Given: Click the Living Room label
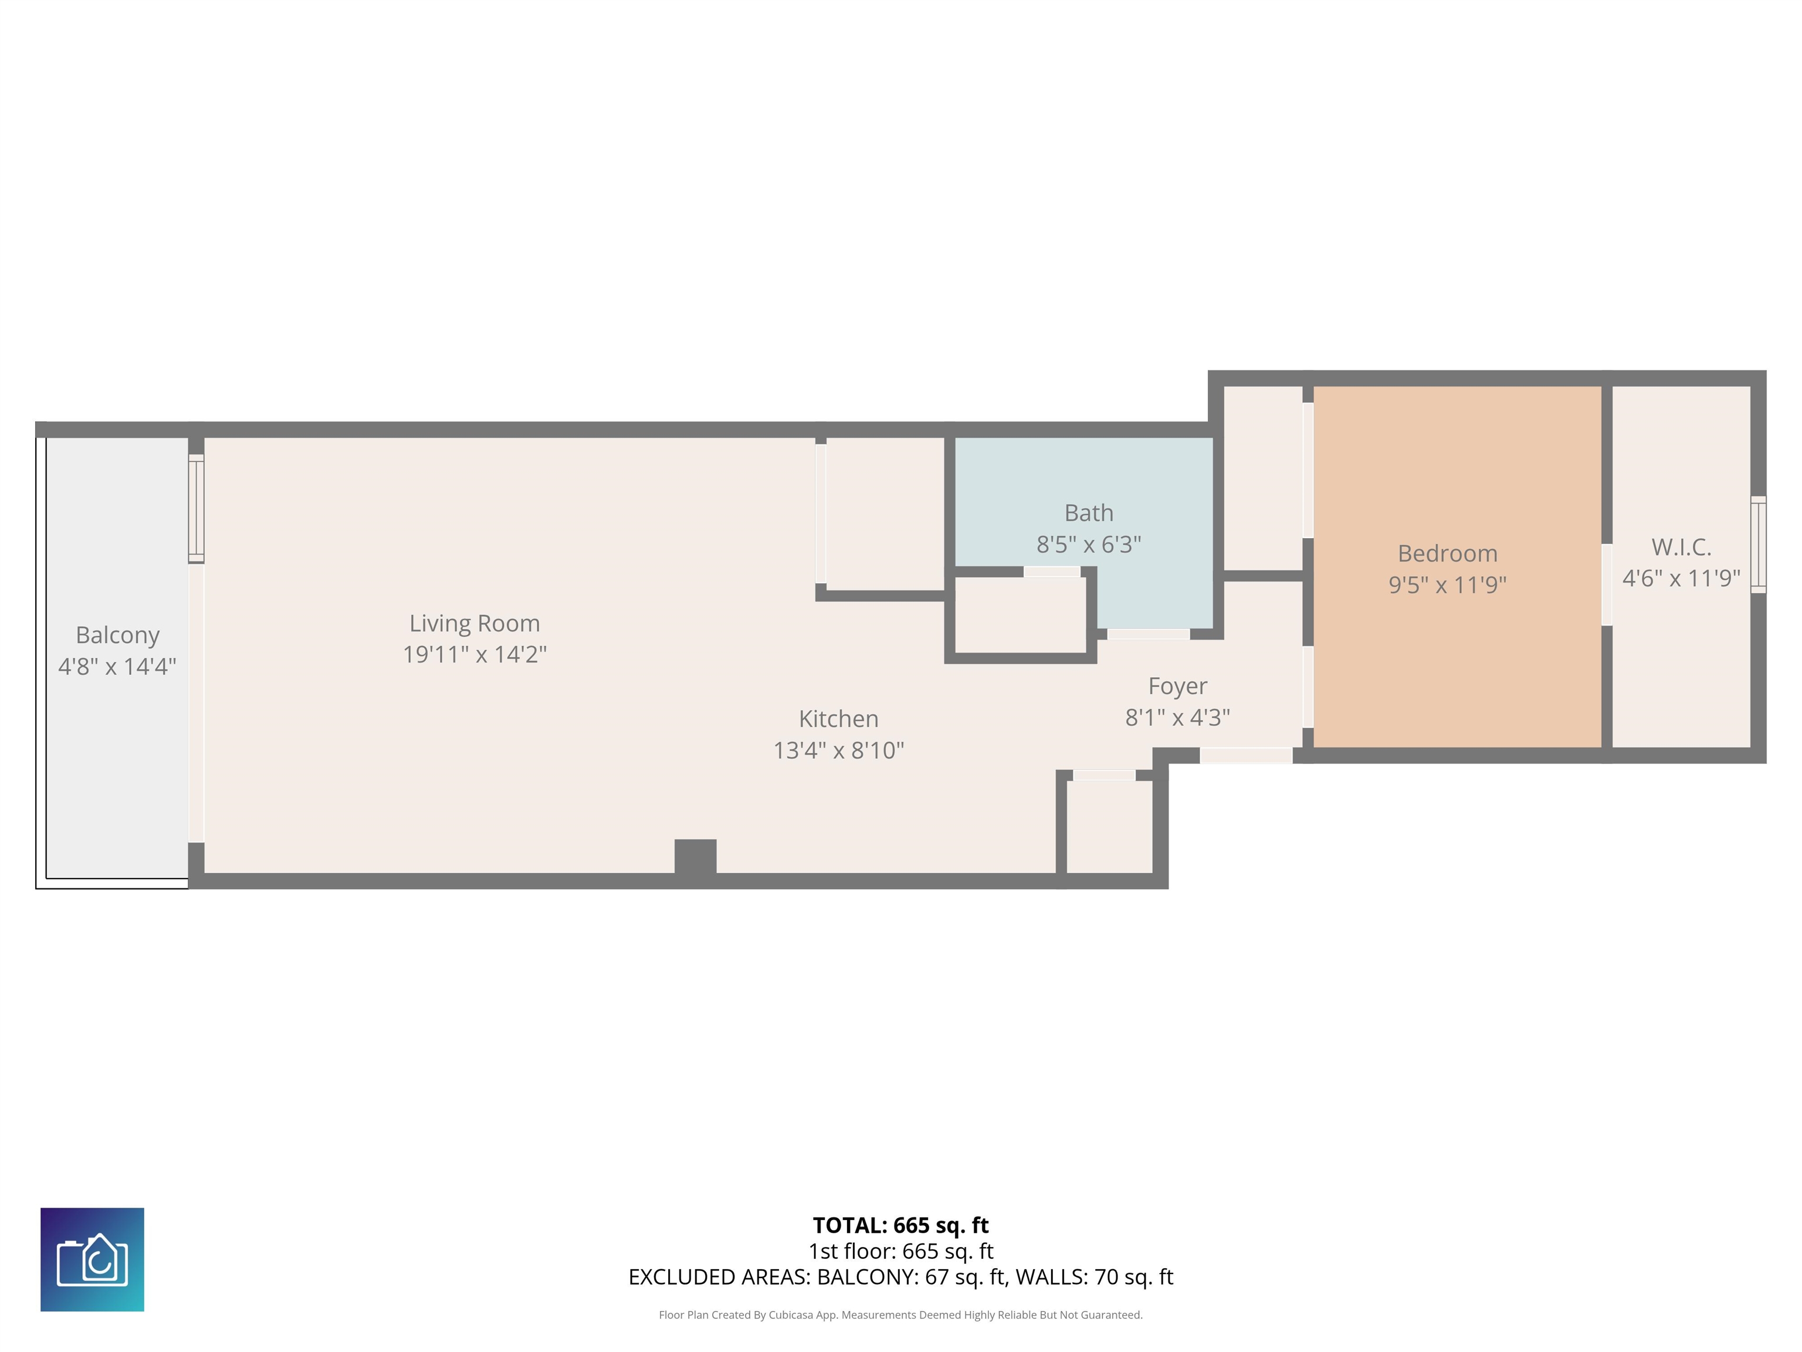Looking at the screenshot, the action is coord(474,623).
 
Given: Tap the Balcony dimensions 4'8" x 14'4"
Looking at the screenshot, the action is coord(117,667).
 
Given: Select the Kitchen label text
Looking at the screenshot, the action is coord(838,719).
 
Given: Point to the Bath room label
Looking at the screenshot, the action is coord(1088,513).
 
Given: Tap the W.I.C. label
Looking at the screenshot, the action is coord(1681,547).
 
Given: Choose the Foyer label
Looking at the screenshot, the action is coord(1177,686).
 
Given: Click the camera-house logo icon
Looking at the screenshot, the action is coord(92,1259).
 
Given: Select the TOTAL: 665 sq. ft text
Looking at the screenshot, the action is coord(900,1226).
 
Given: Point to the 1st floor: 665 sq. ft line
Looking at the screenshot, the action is coord(900,1251).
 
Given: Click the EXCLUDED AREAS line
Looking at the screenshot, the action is coord(900,1277).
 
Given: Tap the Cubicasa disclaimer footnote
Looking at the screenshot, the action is coord(900,1314).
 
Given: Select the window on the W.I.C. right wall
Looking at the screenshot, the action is coord(1758,545).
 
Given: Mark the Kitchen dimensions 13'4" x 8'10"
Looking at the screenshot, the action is coord(838,751).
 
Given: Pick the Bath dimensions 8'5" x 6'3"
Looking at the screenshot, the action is coord(1088,545).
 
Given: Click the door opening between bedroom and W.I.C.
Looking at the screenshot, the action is coord(1607,584).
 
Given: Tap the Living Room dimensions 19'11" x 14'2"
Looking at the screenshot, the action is coord(474,654).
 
